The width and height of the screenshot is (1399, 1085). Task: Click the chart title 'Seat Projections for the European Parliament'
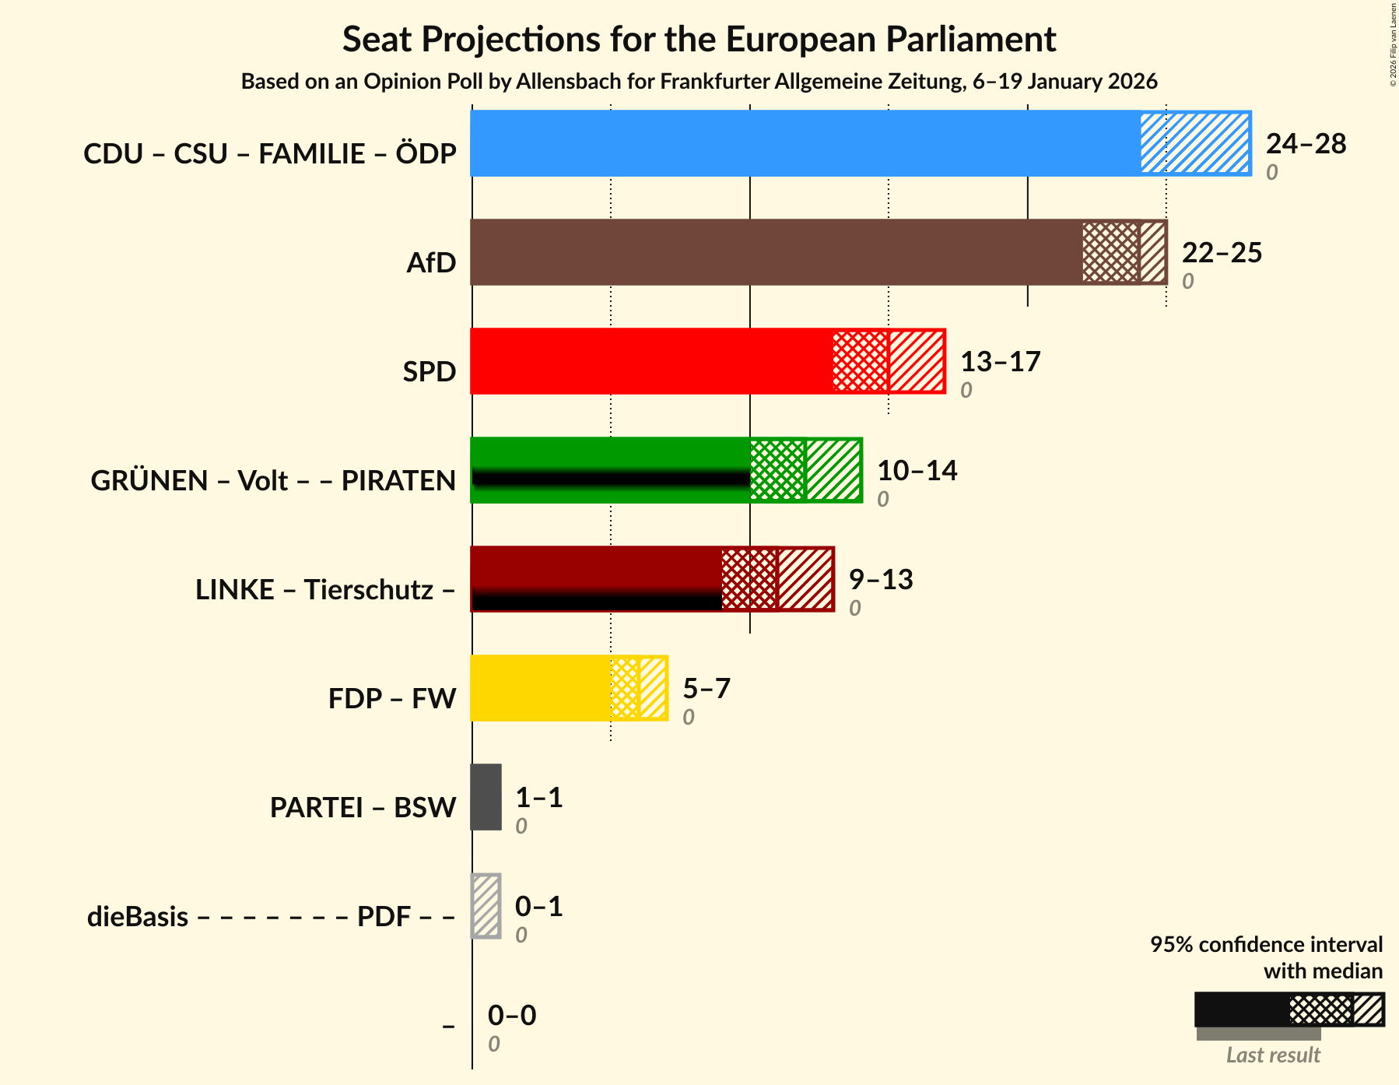point(699,39)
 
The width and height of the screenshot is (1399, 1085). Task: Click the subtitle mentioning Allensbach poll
point(699,82)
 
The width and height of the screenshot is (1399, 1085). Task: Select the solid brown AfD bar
point(775,252)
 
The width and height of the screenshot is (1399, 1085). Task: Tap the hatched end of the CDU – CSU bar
point(1194,143)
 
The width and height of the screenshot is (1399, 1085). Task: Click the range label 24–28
point(1306,144)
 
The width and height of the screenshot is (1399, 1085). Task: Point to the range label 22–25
point(1222,253)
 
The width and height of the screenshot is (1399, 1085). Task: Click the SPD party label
point(429,371)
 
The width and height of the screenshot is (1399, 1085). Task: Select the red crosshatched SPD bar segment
point(860,361)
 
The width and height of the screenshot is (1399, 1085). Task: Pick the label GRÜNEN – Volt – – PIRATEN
point(273,480)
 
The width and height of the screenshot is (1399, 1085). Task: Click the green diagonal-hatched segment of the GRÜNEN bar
point(833,470)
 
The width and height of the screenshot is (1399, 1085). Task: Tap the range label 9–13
point(881,580)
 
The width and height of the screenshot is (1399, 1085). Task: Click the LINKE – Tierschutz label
point(324,589)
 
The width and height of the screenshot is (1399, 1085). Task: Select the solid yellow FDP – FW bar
point(540,688)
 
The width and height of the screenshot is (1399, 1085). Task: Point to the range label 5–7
point(707,689)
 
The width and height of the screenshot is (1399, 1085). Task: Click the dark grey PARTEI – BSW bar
point(486,797)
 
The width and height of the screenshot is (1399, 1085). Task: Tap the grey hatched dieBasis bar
point(486,906)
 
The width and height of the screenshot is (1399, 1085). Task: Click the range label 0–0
point(512,1016)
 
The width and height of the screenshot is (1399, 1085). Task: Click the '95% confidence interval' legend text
point(1266,944)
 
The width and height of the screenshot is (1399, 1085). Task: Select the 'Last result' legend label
point(1273,1055)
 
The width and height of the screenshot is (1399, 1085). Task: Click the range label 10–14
point(917,471)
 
